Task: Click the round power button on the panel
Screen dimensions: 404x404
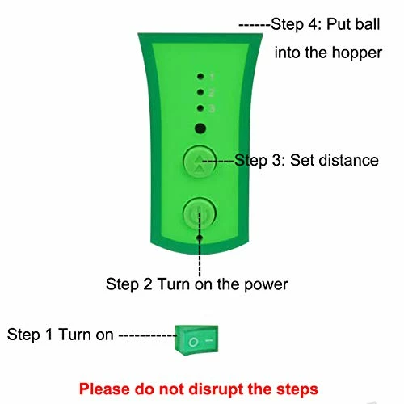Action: (x=200, y=213)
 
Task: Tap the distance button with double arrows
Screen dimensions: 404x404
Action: (x=200, y=162)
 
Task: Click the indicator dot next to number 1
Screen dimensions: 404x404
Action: (x=200, y=76)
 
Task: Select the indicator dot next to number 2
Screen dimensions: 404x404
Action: (x=200, y=92)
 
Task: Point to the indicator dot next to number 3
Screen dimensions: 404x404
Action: (x=200, y=108)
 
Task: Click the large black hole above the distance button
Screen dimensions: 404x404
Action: (x=200, y=128)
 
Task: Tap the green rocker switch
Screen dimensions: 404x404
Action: (x=196, y=340)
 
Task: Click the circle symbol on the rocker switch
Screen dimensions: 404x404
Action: (x=193, y=343)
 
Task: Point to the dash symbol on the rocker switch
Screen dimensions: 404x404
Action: (x=209, y=340)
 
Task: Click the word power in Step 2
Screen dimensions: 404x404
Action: (x=266, y=285)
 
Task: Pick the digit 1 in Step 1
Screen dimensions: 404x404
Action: (x=48, y=335)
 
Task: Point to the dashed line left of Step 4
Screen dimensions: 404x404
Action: (x=255, y=25)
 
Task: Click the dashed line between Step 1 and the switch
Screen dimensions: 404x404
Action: (x=148, y=335)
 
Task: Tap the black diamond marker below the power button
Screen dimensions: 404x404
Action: (x=200, y=238)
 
